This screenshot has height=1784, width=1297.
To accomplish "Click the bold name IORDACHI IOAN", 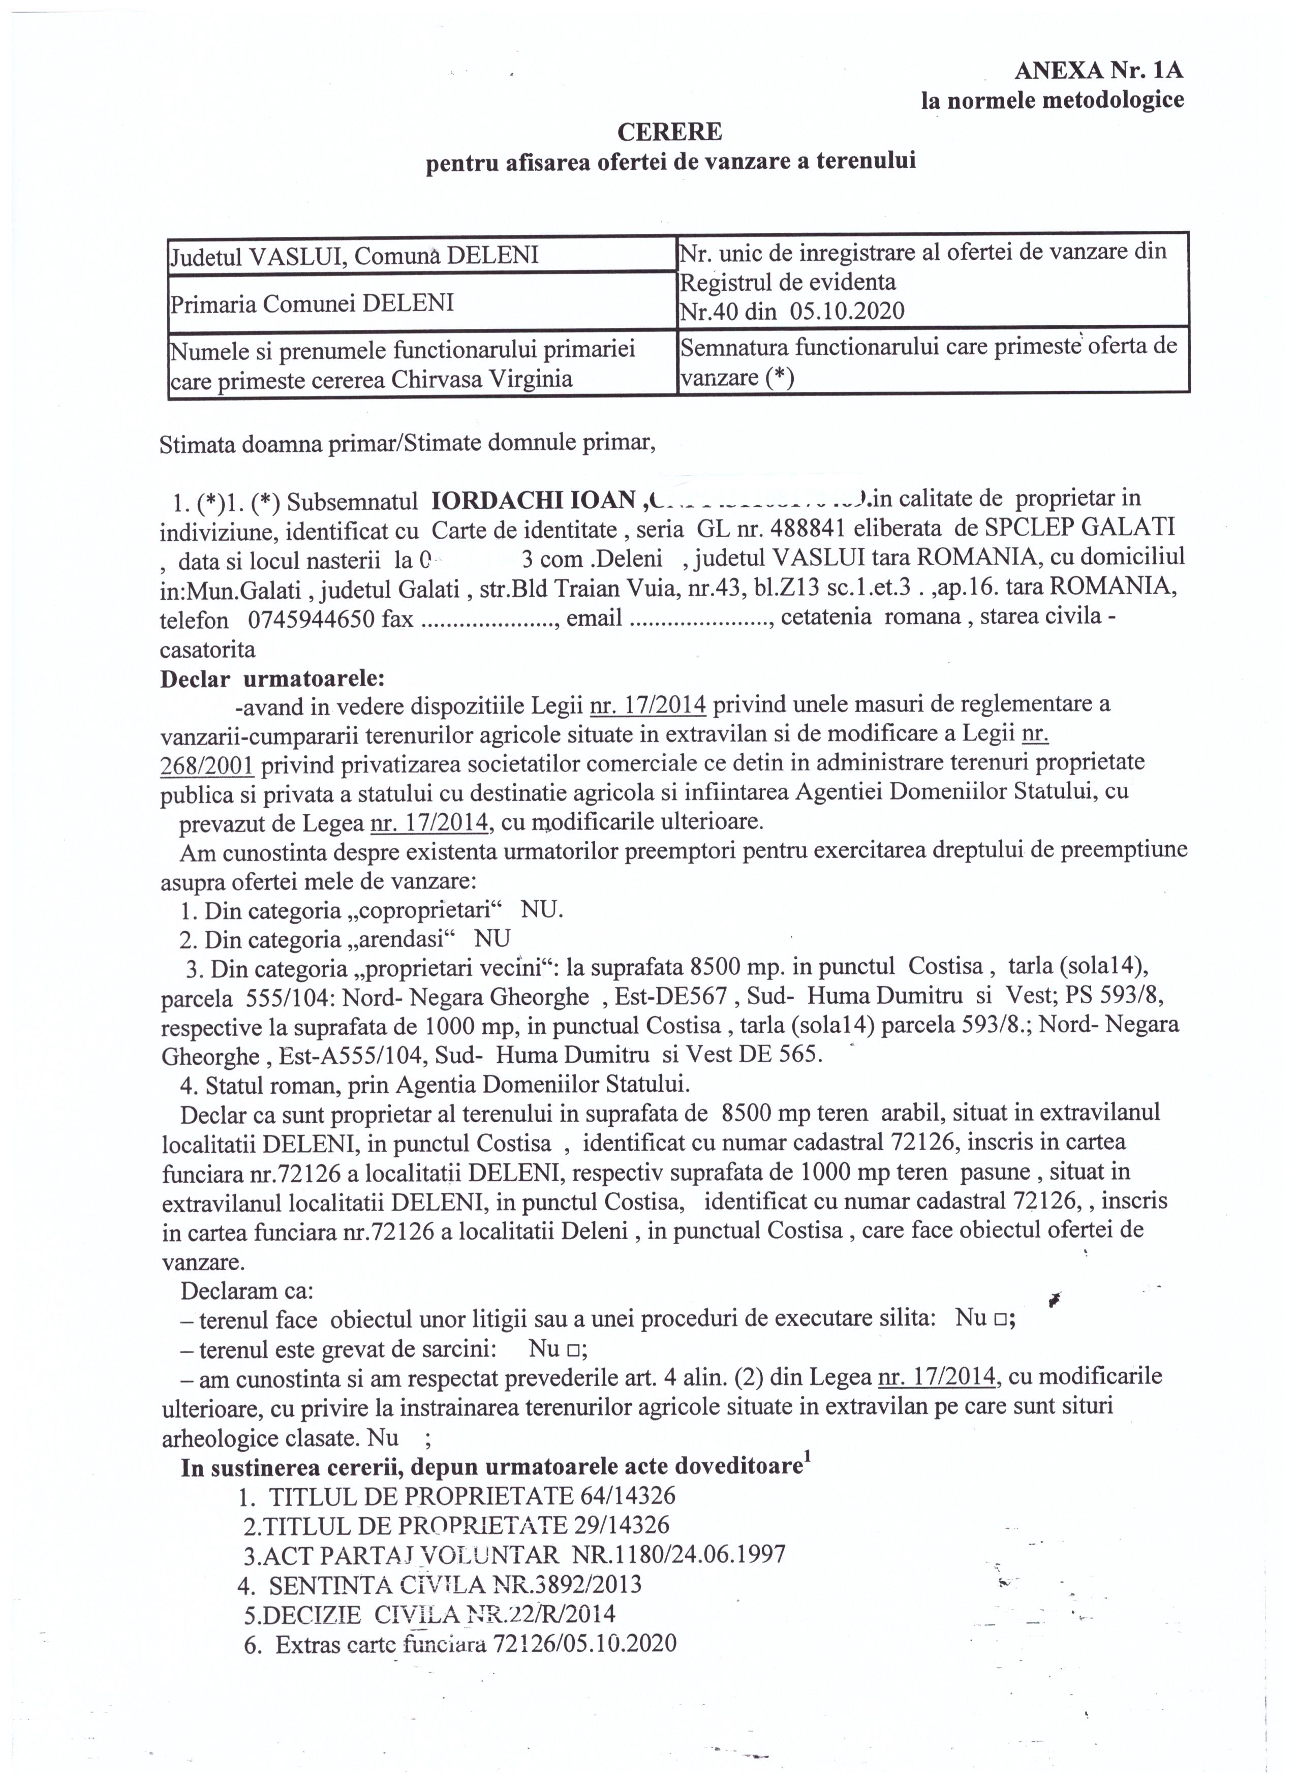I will pyautogui.click(x=534, y=500).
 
